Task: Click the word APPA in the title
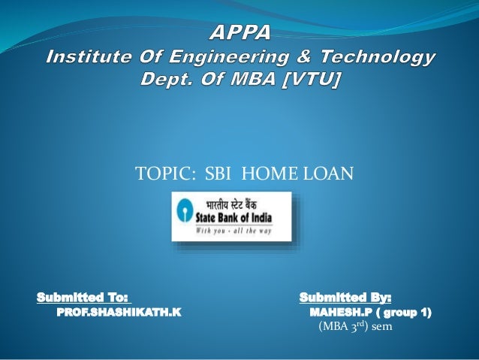pyautogui.click(x=240, y=33)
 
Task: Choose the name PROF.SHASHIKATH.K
pyautogui.click(x=119, y=311)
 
